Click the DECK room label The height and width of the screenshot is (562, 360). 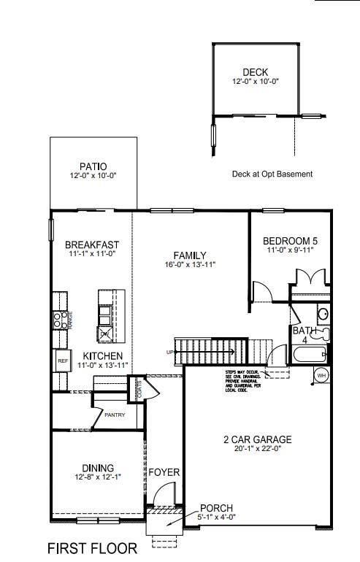256,72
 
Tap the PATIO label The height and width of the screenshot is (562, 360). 93,166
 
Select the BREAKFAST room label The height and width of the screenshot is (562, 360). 92,245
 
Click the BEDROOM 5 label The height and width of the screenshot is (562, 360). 290,240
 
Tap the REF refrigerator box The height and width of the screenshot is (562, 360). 62,361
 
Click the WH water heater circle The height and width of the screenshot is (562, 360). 321,375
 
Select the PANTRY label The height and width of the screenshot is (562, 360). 115,415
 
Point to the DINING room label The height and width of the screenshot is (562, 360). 98,467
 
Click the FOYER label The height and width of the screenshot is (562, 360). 164,473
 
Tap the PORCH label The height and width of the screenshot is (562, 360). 215,508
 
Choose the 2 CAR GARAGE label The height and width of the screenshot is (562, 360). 257,439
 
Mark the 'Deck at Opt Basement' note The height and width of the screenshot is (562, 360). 272,174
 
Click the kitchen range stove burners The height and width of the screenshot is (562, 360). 58,319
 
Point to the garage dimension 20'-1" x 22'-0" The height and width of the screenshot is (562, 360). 257,450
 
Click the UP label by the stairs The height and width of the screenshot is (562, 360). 171,353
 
